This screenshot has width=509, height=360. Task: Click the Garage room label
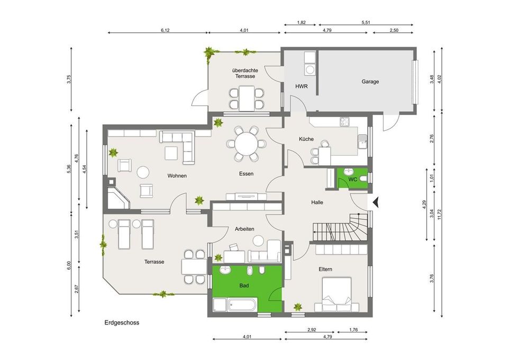(x=370, y=82)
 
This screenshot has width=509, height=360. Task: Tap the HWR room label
(x=301, y=86)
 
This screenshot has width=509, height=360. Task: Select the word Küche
(x=306, y=139)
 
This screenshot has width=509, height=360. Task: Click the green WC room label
(x=352, y=179)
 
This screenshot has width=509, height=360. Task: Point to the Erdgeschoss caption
(x=122, y=322)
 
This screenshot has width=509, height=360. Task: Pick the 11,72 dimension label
(x=440, y=214)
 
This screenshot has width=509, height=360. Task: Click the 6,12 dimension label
(x=165, y=30)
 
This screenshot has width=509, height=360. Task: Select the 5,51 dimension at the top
(x=366, y=22)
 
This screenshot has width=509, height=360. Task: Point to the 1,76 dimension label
(x=353, y=330)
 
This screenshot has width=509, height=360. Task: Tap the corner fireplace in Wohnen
(x=118, y=197)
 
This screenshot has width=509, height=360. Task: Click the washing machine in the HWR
(x=310, y=70)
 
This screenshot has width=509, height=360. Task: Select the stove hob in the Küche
(x=344, y=122)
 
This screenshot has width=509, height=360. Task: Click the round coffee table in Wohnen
(x=143, y=172)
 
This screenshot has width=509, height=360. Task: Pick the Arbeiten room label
(x=244, y=229)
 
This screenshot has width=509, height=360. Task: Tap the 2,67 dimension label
(x=77, y=289)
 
